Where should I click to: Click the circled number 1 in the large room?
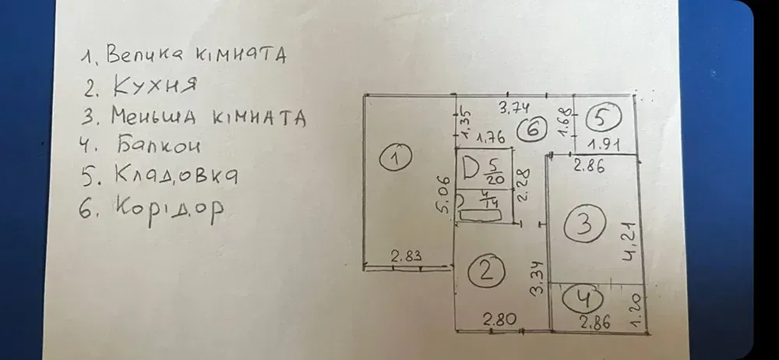pyautogui.click(x=396, y=157)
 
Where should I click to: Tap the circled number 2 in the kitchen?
pyautogui.click(x=486, y=271)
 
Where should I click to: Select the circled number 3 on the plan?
pyautogui.click(x=585, y=224)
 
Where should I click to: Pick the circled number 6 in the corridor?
pyautogui.click(x=531, y=129)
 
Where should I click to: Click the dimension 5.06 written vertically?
pyautogui.click(x=445, y=195)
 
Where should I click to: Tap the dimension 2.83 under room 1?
pyautogui.click(x=406, y=256)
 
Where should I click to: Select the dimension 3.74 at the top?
pyautogui.click(x=513, y=107)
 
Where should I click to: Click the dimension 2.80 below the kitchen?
pyautogui.click(x=499, y=319)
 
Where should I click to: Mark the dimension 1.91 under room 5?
pyautogui.click(x=604, y=145)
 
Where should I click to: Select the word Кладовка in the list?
pyautogui.click(x=176, y=175)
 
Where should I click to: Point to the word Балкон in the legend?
pyautogui.click(x=160, y=145)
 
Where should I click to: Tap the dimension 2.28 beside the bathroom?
pyautogui.click(x=523, y=185)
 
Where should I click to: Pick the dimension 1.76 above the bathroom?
pyautogui.click(x=490, y=138)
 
